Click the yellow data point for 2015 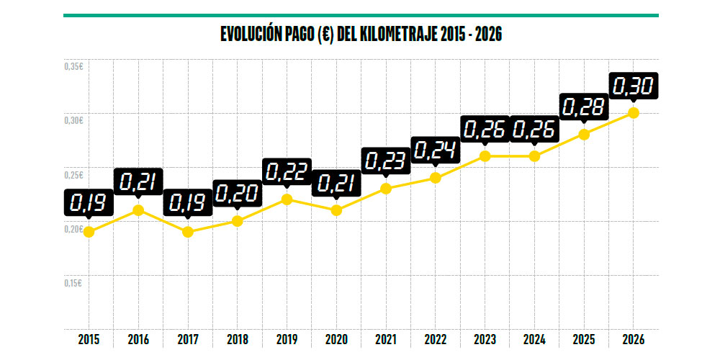click(x=89, y=232)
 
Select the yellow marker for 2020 click(x=336, y=210)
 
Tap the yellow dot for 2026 click(x=634, y=112)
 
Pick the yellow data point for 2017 click(x=188, y=232)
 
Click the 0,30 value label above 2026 click(x=634, y=86)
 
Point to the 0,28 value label click(x=584, y=108)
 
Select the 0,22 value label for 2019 click(x=287, y=171)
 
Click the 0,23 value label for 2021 click(x=386, y=161)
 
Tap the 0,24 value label click(x=435, y=150)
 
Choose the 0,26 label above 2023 click(x=485, y=130)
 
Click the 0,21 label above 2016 click(x=138, y=181)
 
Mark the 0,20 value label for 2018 click(x=237, y=193)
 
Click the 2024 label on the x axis click(x=534, y=339)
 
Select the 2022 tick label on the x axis click(x=435, y=339)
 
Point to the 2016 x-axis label click(x=138, y=339)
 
